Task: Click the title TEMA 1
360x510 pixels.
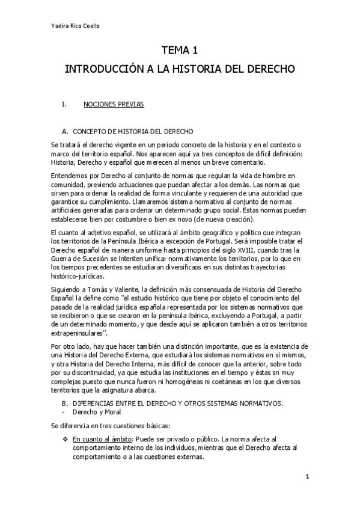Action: click(x=179, y=52)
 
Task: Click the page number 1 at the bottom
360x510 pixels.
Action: click(x=307, y=477)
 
